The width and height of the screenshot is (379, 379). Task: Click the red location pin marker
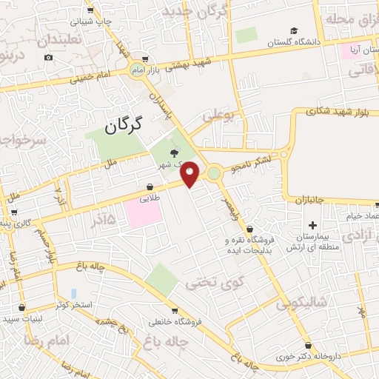190,173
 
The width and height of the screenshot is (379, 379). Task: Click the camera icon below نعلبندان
49,57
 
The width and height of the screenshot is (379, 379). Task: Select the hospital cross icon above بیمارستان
312,225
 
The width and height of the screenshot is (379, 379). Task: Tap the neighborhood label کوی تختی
202,281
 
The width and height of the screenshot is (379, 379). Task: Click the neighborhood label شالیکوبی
301,303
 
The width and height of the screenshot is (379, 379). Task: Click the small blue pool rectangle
73,294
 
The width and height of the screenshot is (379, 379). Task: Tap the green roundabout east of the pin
214,173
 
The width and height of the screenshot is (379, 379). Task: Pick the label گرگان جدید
195,13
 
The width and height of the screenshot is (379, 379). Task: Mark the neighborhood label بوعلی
219,115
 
